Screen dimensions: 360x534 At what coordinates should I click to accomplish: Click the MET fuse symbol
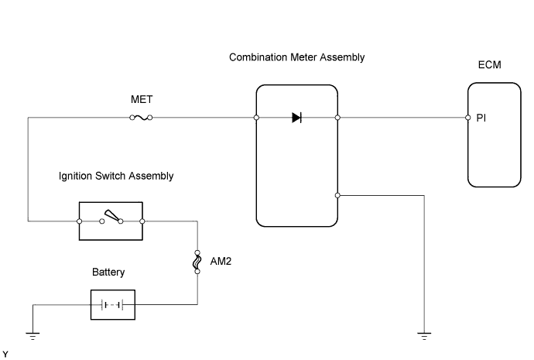pyautogui.click(x=141, y=118)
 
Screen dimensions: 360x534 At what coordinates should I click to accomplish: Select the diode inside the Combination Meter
pyautogui.click(x=297, y=118)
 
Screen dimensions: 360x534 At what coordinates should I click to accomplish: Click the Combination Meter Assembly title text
pyautogui.click(x=297, y=58)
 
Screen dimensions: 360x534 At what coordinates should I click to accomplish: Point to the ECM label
pyautogui.click(x=490, y=65)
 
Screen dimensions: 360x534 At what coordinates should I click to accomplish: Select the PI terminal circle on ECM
pyautogui.click(x=468, y=118)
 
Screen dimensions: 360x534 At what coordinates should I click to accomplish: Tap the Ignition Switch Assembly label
pyautogui.click(x=116, y=177)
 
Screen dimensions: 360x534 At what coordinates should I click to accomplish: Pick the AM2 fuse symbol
pyautogui.click(x=198, y=262)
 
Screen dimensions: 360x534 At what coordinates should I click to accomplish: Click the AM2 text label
pyautogui.click(x=221, y=262)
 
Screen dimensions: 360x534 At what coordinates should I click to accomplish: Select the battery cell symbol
pyautogui.click(x=113, y=304)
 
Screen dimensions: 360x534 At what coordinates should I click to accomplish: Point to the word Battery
pyautogui.click(x=108, y=273)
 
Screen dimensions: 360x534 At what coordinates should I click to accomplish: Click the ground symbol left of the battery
pyautogui.click(x=33, y=335)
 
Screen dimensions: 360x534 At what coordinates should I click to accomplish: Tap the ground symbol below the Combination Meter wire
pyautogui.click(x=424, y=335)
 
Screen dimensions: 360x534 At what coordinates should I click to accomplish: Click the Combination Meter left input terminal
pyautogui.click(x=256, y=118)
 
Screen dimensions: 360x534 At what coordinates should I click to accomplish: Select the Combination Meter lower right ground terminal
pyautogui.click(x=337, y=195)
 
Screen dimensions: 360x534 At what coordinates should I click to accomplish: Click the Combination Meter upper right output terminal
pyautogui.click(x=337, y=118)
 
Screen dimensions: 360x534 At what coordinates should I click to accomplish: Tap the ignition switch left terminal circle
pyautogui.click(x=80, y=221)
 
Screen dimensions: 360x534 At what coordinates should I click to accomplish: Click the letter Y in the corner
pyautogui.click(x=5, y=354)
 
